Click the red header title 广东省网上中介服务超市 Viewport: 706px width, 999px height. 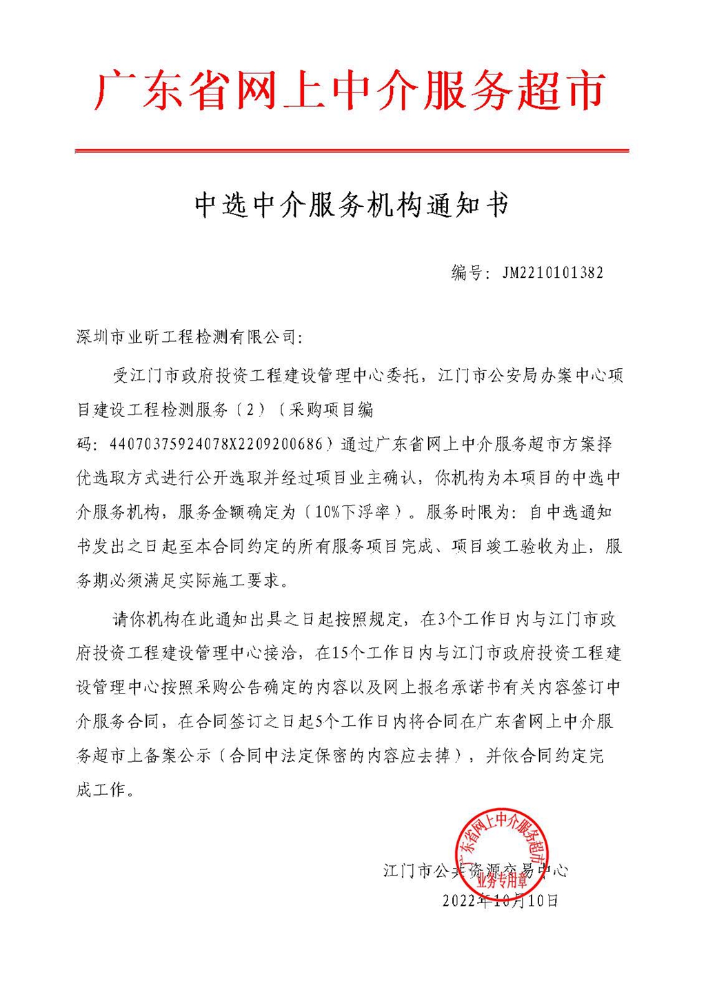(352, 90)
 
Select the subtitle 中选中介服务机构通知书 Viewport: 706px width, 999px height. (352, 205)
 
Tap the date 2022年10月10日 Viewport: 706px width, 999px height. (500, 900)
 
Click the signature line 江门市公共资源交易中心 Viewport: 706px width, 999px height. (476, 871)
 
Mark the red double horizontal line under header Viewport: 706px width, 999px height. (352, 150)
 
